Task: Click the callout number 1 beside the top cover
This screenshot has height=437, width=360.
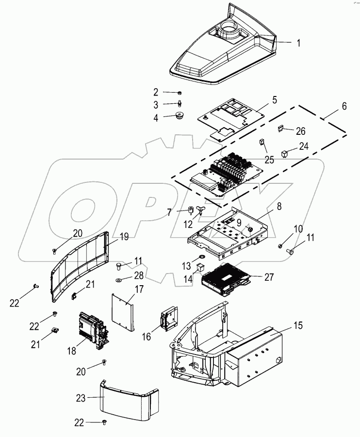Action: point(298,43)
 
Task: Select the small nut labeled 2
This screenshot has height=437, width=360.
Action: point(180,92)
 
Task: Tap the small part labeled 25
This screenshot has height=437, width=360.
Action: point(262,143)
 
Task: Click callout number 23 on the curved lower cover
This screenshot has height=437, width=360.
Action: point(81,398)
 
